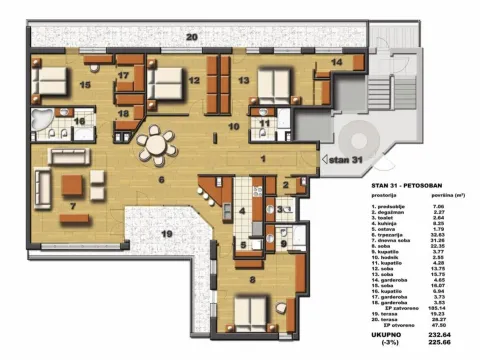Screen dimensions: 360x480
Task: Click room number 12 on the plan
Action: click(x=194, y=81)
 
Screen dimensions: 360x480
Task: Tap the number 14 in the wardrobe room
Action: click(x=336, y=62)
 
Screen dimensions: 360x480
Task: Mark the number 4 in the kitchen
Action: click(x=242, y=211)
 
